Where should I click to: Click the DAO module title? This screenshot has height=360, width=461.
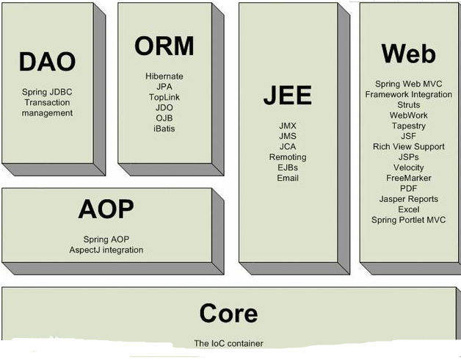(47, 62)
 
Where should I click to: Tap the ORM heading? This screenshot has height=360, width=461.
(164, 46)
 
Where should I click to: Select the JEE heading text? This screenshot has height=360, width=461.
(287, 96)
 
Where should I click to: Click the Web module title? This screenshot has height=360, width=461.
(409, 54)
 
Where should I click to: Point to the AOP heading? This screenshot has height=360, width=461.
(106, 209)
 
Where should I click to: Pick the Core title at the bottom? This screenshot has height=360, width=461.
(228, 314)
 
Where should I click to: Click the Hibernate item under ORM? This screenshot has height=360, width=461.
(164, 76)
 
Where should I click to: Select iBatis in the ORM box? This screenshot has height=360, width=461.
(164, 129)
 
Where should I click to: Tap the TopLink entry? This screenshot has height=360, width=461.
(164, 97)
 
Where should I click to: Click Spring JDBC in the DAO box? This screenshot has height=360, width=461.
(47, 93)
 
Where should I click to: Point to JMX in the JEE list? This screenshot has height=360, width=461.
(287, 126)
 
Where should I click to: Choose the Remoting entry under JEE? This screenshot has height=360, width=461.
(287, 157)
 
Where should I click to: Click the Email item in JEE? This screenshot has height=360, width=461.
(287, 178)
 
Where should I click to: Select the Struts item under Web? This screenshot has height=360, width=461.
(409, 105)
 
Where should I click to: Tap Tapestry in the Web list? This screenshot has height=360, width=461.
(409, 126)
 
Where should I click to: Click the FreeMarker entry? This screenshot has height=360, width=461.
(409, 178)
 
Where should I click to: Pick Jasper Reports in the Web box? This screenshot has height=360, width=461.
(409, 199)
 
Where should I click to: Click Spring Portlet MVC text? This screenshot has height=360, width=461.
(409, 220)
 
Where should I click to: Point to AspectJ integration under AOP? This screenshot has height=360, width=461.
(106, 250)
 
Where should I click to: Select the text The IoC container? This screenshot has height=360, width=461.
(228, 343)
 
